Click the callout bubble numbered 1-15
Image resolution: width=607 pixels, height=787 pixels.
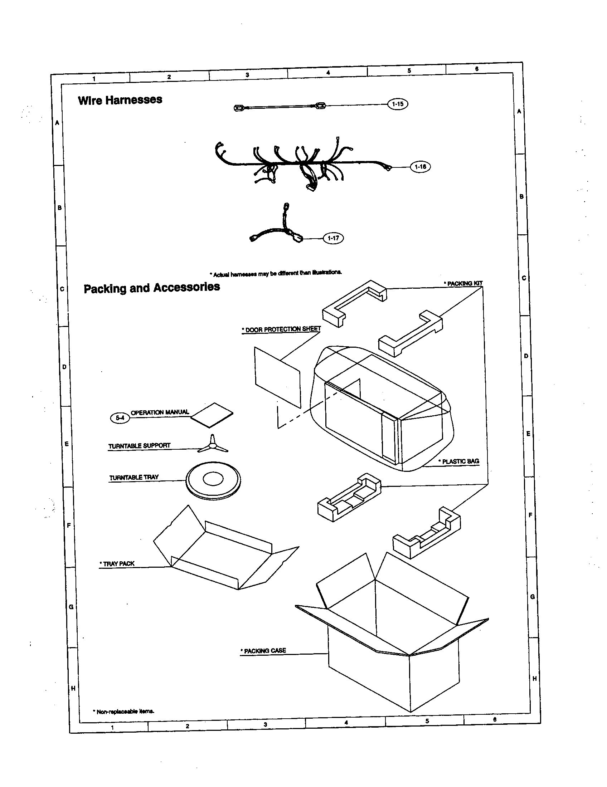click(x=398, y=104)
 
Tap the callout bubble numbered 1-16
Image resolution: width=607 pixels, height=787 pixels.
click(x=420, y=167)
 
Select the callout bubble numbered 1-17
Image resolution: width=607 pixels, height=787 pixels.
click(x=333, y=238)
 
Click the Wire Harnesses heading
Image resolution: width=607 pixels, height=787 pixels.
click(x=120, y=100)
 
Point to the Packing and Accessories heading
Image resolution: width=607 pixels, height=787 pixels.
click(x=152, y=288)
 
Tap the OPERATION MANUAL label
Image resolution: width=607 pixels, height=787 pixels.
click(x=160, y=412)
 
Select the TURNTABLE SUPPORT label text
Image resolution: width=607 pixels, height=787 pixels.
click(x=140, y=445)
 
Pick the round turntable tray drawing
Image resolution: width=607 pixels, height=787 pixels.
click(x=213, y=480)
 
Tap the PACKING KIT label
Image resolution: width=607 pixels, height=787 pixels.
click(x=464, y=283)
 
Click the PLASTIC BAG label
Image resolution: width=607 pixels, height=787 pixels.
click(x=460, y=461)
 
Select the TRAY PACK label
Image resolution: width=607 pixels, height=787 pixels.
click(x=118, y=563)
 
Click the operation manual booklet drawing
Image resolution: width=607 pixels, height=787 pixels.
click(x=212, y=415)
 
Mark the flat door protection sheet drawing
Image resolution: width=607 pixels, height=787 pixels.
click(x=277, y=377)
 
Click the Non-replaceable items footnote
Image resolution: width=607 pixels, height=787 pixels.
click(x=124, y=711)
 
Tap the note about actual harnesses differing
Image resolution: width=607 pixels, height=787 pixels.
click(x=276, y=274)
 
